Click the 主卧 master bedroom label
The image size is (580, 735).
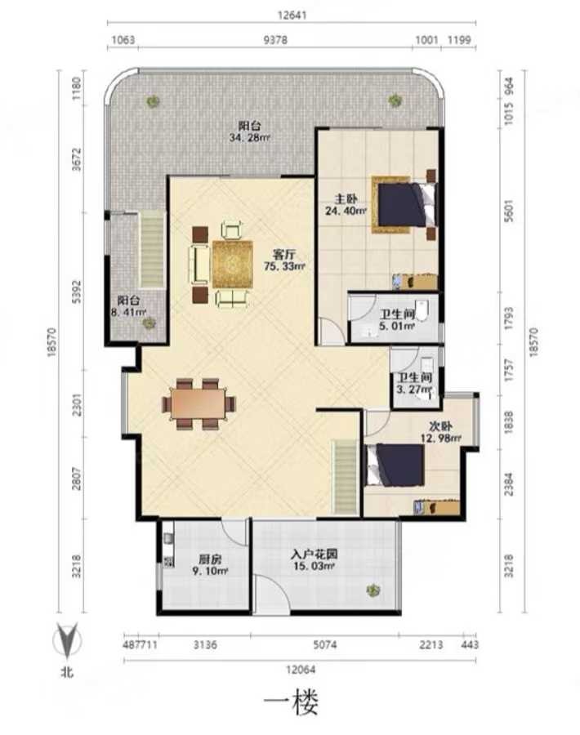point(346,198)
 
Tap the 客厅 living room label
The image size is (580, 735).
point(284,255)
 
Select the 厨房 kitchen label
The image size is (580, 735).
point(210,559)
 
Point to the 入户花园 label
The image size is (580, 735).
point(314,554)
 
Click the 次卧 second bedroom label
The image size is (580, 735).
point(441,426)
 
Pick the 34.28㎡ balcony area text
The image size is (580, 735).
point(249,138)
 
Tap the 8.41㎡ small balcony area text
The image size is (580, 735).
point(128,311)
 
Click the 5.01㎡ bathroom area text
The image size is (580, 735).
point(397,326)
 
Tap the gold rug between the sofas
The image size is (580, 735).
point(233,265)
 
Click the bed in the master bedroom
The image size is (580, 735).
point(404,205)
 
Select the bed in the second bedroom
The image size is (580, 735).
point(395,465)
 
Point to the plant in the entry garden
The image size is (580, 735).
point(373,590)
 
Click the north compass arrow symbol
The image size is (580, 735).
point(68,640)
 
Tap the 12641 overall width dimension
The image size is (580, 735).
point(292,15)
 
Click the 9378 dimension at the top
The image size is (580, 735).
point(275,40)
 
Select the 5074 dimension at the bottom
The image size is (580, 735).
point(325,645)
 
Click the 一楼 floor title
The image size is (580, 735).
point(291,702)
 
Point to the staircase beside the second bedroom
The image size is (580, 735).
point(346,476)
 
